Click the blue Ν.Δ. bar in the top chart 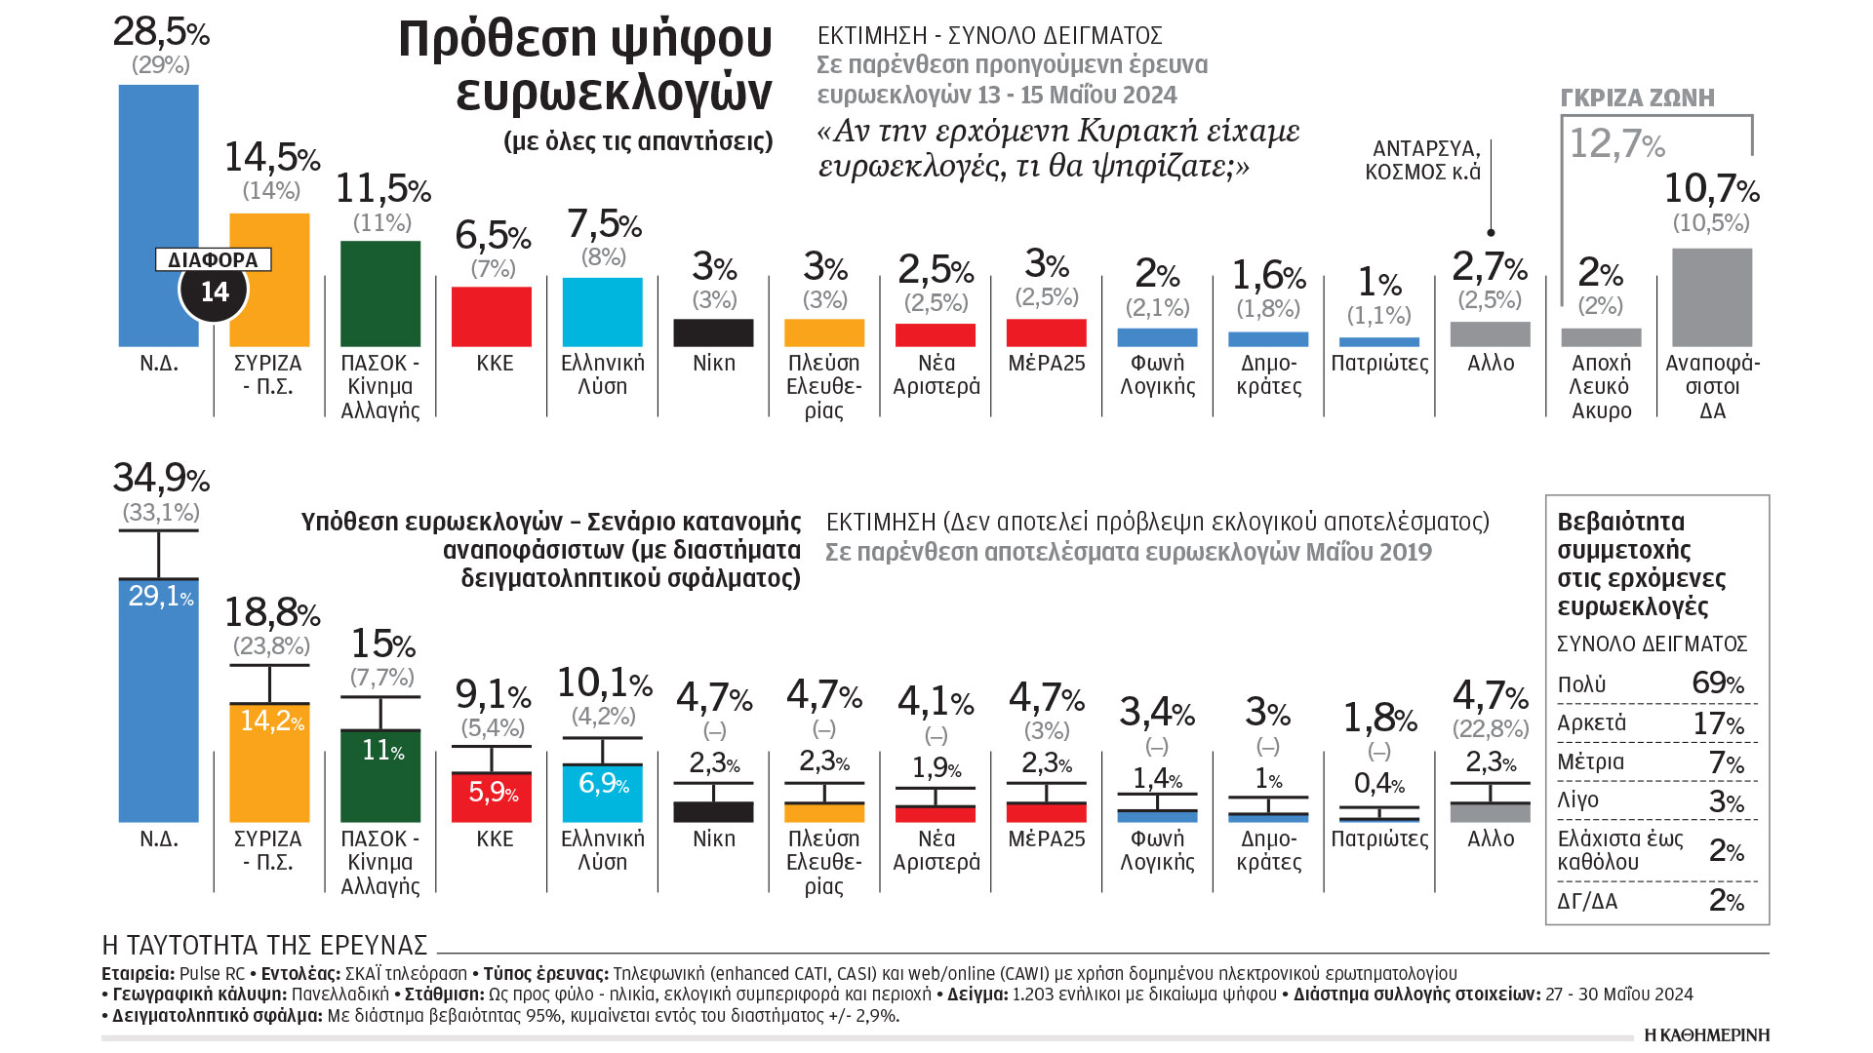tap(158, 175)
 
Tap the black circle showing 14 tap(214, 292)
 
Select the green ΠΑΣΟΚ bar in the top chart tap(380, 293)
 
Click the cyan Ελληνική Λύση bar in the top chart tap(603, 312)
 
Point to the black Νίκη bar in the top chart tap(713, 332)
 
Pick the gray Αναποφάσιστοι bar tap(1712, 297)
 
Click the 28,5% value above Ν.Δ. tap(161, 32)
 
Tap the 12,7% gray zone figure tap(1616, 144)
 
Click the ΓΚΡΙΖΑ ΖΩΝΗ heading tap(1637, 97)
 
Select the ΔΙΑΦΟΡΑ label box tap(213, 260)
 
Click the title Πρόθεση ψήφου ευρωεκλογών tap(585, 64)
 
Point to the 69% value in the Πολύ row tap(1717, 683)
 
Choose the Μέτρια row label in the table tap(1591, 761)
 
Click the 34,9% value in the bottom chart tap(161, 478)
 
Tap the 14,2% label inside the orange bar tap(271, 721)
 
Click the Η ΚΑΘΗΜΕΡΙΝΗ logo tap(1706, 1034)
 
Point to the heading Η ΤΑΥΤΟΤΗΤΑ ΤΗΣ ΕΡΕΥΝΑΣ tap(264, 946)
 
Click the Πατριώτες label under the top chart tap(1379, 364)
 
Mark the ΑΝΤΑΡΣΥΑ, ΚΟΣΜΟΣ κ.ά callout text tap(1423, 160)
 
